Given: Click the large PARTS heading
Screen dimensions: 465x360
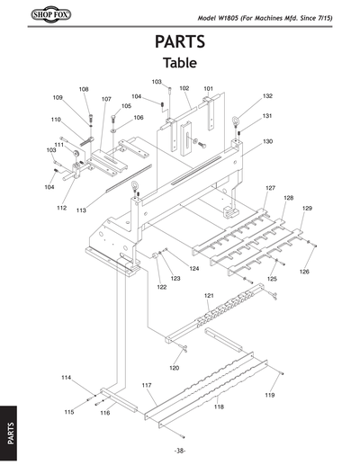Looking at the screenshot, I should (x=180, y=42).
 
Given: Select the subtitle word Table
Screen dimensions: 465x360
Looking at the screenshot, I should (x=180, y=64).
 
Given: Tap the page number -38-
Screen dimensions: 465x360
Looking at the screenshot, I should (x=180, y=450).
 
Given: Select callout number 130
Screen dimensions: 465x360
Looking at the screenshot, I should (x=267, y=142).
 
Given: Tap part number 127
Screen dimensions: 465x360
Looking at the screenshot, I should (x=270, y=188).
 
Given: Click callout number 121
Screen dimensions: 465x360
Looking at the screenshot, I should (x=209, y=295).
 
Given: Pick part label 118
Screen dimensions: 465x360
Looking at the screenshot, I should (x=218, y=407).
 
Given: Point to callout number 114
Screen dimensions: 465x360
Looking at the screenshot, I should (x=66, y=377).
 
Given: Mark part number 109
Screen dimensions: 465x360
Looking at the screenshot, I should (x=58, y=97).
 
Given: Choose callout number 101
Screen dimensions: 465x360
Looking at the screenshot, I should (x=208, y=88).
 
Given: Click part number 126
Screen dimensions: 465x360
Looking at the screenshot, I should (x=304, y=272).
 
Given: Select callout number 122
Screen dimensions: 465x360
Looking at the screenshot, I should (x=162, y=288).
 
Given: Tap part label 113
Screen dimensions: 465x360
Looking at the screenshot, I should (x=81, y=210).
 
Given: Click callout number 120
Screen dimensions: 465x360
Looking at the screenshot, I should (x=175, y=368).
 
